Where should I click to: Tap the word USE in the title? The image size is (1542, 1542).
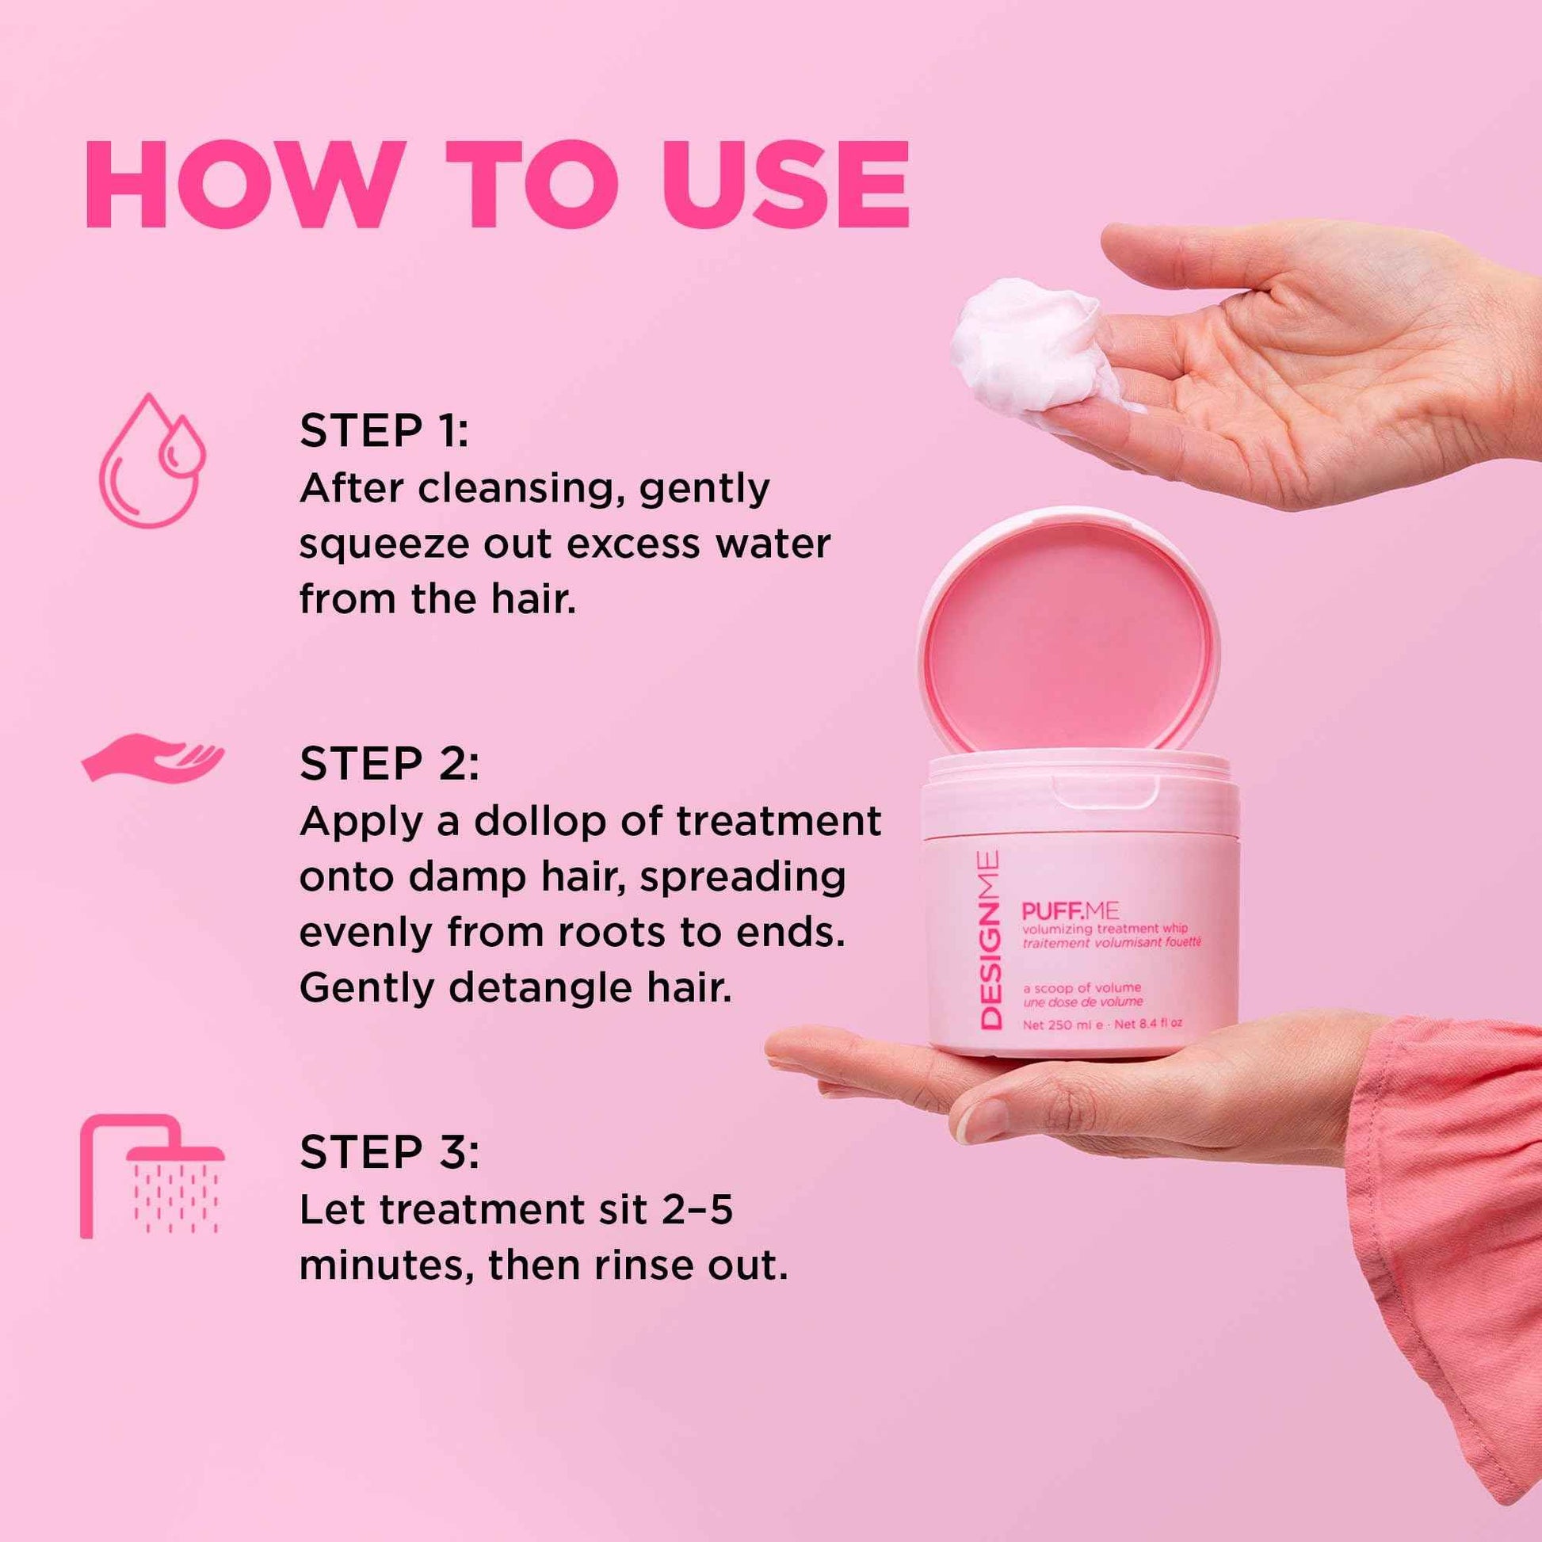785,185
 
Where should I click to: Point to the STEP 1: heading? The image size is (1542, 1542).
384,431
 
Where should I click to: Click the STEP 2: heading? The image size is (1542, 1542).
390,764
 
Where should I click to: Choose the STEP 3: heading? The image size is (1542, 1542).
390,1151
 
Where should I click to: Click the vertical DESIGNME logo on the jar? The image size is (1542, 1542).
990,941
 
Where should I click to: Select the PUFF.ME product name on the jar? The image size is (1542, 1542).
1070,910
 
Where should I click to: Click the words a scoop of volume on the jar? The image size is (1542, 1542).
1082,988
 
